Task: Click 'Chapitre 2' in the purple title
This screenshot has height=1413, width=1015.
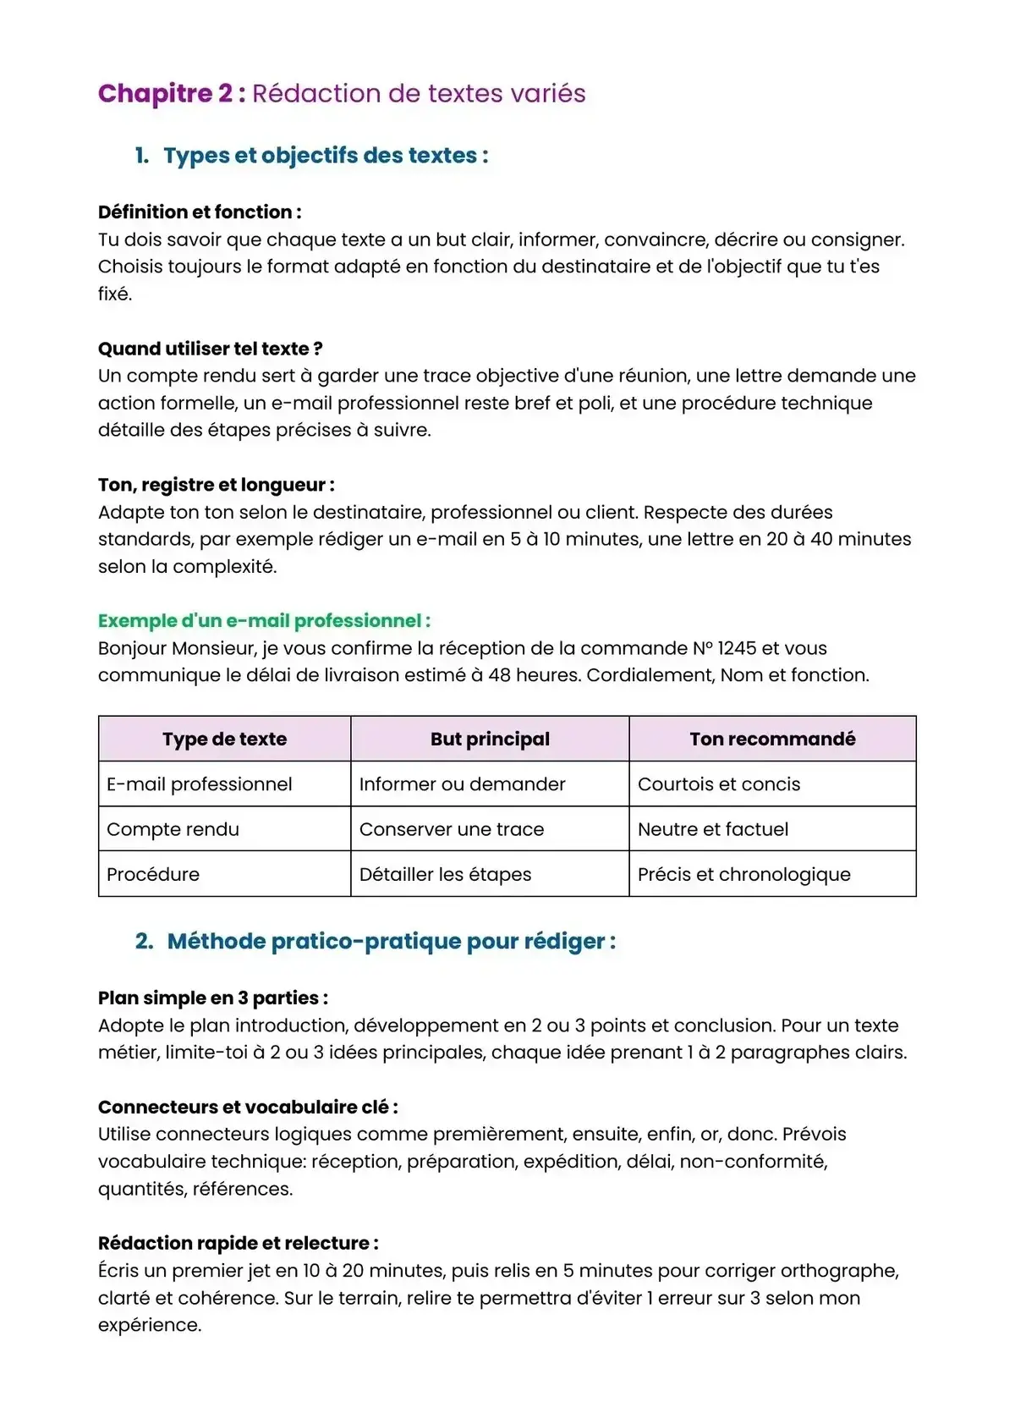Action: (166, 94)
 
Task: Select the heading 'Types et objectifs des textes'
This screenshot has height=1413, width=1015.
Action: (326, 156)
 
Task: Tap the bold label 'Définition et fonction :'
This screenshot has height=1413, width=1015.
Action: (200, 212)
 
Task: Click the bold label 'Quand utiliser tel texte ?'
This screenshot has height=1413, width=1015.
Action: (210, 349)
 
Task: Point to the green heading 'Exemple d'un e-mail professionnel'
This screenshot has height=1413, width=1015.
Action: (264, 621)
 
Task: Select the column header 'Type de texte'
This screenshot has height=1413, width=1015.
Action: (224, 739)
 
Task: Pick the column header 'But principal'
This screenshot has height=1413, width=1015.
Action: (490, 739)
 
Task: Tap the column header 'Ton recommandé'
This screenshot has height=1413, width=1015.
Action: (772, 739)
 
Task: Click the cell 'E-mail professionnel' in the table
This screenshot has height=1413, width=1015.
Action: (200, 784)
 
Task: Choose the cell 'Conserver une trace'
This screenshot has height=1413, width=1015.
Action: (452, 829)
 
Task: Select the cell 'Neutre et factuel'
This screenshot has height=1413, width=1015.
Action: (713, 829)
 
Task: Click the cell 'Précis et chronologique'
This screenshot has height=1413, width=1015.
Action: (744, 875)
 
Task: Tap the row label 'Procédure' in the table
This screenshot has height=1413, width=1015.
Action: (153, 875)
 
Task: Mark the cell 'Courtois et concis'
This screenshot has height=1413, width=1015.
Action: (719, 784)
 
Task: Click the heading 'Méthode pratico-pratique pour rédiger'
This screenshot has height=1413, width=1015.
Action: (391, 942)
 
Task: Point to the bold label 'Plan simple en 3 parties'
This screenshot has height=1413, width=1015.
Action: (212, 998)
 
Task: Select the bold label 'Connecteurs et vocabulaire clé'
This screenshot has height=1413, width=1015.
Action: (247, 1108)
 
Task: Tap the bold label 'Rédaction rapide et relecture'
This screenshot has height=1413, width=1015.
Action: (238, 1244)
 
